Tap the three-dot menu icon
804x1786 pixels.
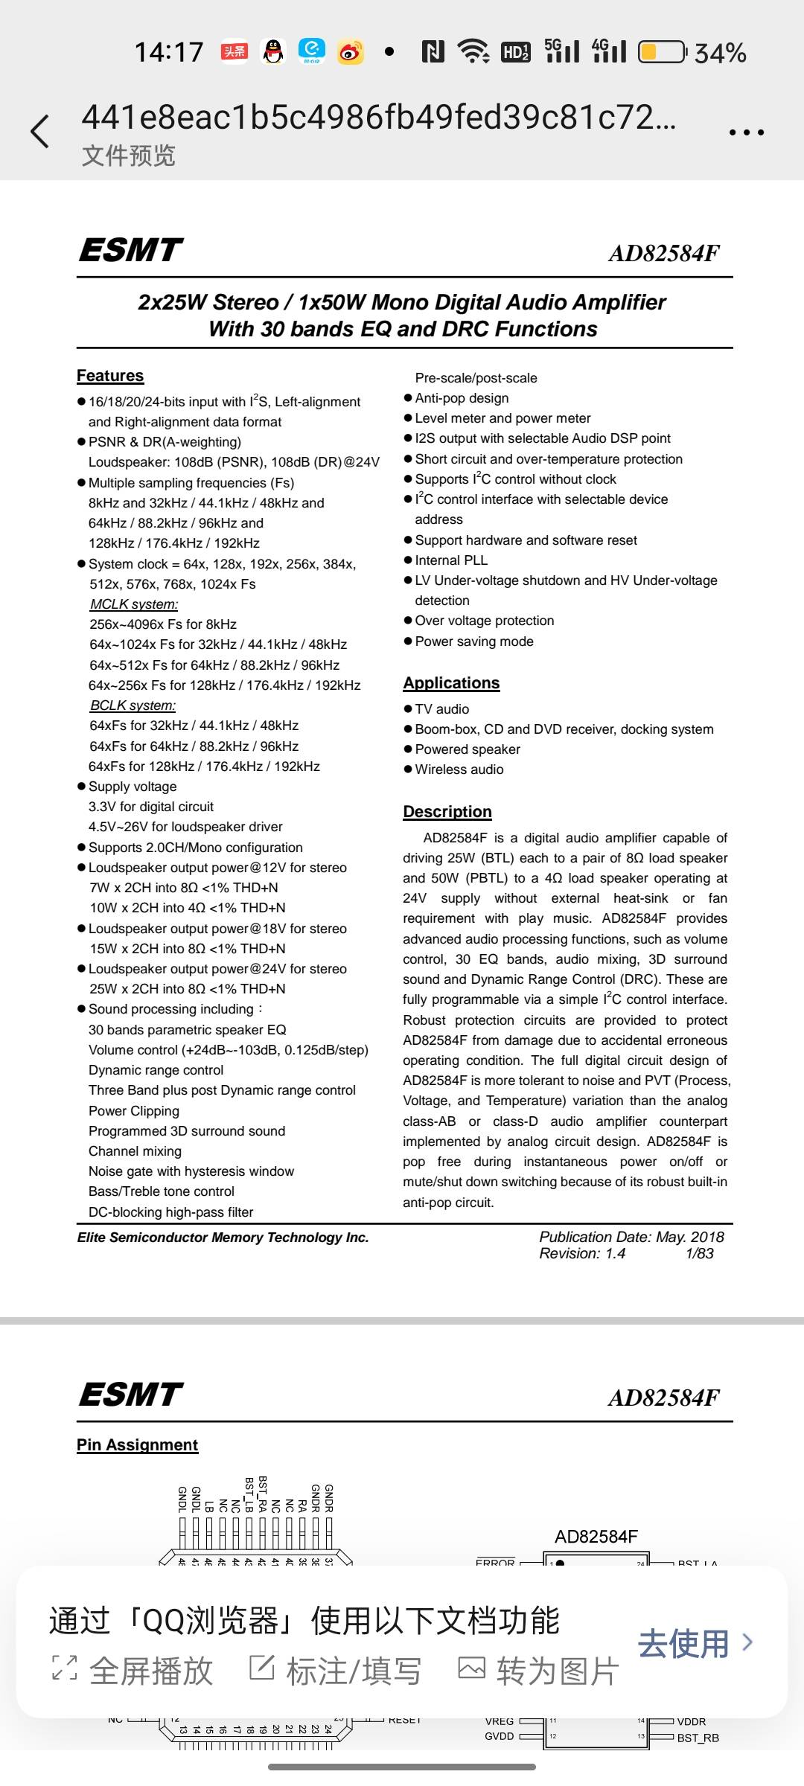[x=746, y=132]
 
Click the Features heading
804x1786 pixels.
[x=110, y=376]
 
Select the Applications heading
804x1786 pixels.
[x=451, y=683]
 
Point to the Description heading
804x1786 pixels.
[x=447, y=812]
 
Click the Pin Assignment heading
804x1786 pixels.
[x=138, y=1445]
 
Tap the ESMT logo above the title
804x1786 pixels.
[x=131, y=250]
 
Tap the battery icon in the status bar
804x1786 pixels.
[x=661, y=52]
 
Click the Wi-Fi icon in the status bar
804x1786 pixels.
[x=473, y=51]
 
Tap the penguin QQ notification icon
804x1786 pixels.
[x=274, y=51]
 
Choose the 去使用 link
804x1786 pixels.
[x=695, y=1643]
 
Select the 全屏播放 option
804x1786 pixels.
[x=134, y=1671]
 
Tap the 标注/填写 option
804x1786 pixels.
[x=336, y=1671]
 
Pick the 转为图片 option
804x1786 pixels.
[x=538, y=1671]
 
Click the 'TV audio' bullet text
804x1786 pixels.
[x=441, y=709]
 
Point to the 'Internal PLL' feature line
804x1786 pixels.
[x=451, y=560]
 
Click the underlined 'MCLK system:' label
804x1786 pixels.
[x=134, y=604]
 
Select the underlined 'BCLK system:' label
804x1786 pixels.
[x=133, y=705]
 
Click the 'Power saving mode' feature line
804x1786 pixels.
[x=474, y=641]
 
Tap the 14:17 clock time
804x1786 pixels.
[x=169, y=52]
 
